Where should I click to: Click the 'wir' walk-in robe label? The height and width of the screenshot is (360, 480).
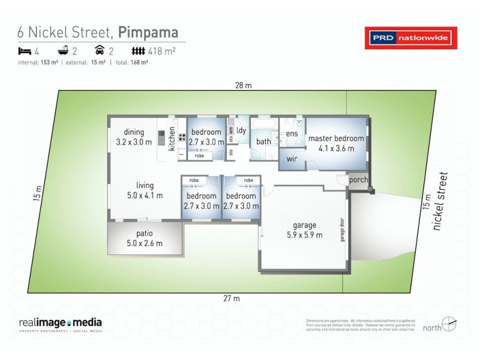pos(292,160)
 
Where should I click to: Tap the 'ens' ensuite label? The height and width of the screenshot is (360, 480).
pos(292,133)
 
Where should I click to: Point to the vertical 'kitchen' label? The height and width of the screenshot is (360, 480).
pos(172,139)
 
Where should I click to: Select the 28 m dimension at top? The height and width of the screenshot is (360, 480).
pos(243,85)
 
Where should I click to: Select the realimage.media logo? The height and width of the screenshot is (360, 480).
pos(59,324)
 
